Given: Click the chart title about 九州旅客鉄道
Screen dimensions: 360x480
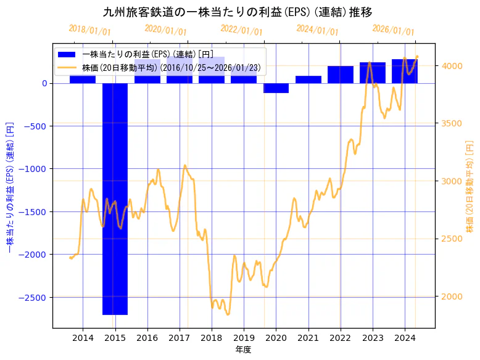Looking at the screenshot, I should pyautogui.click(x=238, y=12).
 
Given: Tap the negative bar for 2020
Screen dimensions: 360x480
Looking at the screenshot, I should pyautogui.click(x=276, y=88).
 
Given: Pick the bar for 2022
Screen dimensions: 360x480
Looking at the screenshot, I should pyautogui.click(x=340, y=75).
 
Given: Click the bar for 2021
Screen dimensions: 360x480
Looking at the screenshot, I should pyautogui.click(x=308, y=80).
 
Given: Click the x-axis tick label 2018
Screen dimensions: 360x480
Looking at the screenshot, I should pyautogui.click(x=212, y=337).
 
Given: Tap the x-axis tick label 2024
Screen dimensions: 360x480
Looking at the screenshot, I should pyautogui.click(x=405, y=337).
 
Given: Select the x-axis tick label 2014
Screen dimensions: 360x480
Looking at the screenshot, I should pyautogui.click(x=83, y=337).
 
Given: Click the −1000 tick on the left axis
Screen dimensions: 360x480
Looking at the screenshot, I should pyautogui.click(x=35, y=169).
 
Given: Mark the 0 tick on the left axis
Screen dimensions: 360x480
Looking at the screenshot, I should pyautogui.click(x=44, y=83).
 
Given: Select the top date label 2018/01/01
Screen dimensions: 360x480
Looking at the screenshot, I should pyautogui.click(x=89, y=30).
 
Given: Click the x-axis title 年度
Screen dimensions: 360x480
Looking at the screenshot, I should pyautogui.click(x=244, y=350).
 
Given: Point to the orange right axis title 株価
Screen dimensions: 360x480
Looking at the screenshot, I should pyautogui.click(x=470, y=186).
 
